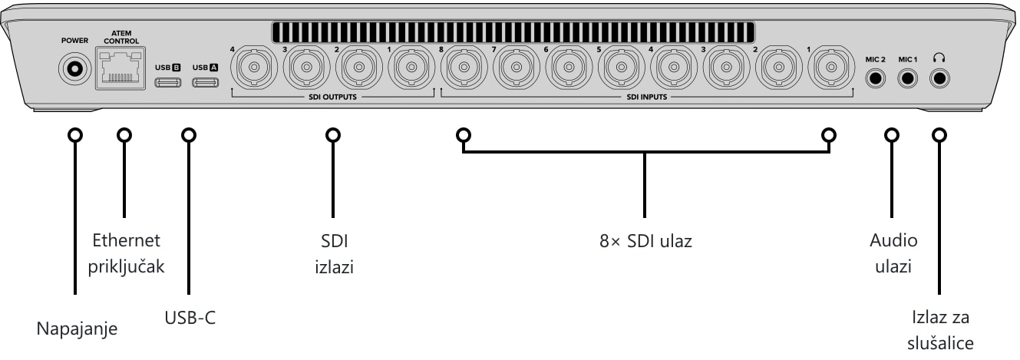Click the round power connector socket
75,69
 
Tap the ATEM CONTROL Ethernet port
120,68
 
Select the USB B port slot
168,82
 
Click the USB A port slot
206,82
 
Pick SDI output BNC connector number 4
254,68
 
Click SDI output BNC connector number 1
411,68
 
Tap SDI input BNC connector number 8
464,68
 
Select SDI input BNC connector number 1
831,68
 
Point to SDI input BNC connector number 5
622,68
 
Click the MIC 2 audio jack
875,78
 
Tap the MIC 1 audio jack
907,78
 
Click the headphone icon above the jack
939,58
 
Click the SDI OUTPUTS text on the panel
333,97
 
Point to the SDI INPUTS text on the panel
646,97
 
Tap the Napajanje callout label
77,329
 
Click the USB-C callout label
190,318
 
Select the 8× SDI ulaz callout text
645,241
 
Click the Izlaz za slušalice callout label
940,330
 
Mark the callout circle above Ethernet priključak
124,135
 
